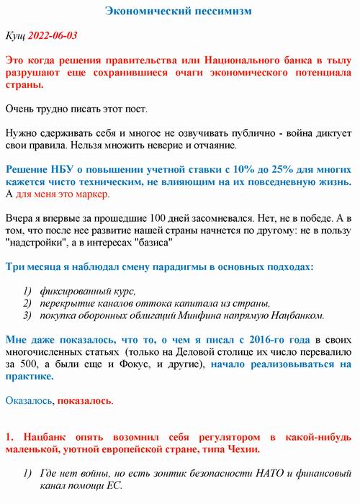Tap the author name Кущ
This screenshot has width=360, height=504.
click(x=15, y=35)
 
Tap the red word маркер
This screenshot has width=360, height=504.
click(x=92, y=194)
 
